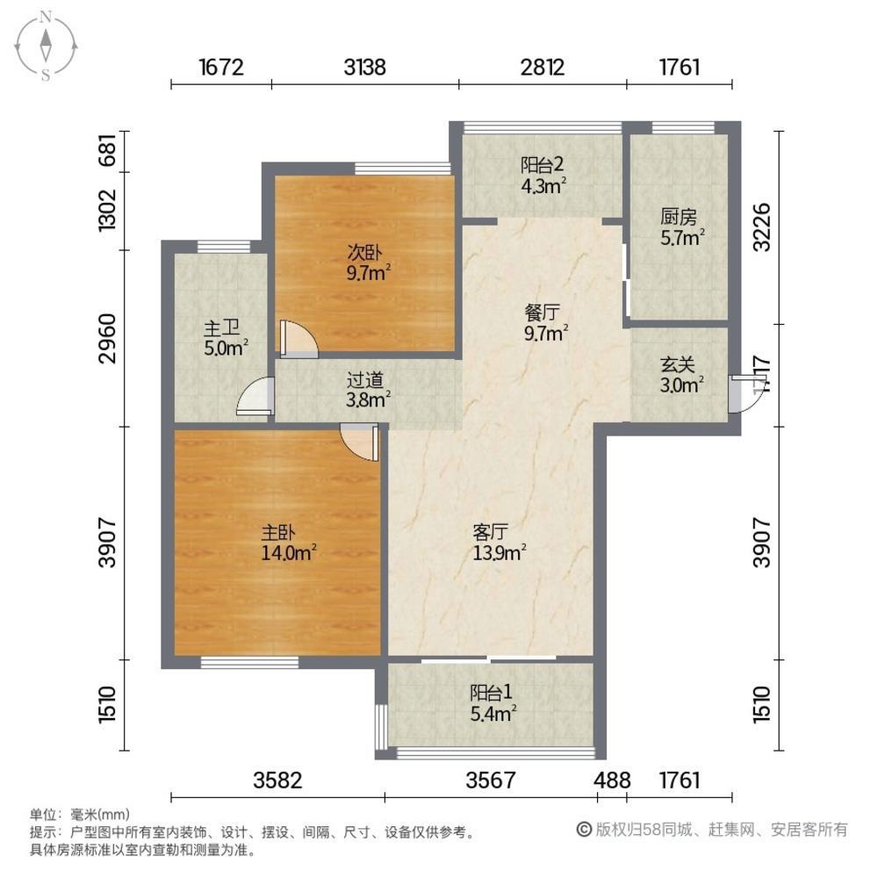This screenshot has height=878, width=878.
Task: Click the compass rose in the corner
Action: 46,46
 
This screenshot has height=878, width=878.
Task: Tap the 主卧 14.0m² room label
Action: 289,543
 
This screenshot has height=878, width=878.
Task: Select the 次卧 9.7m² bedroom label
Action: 368,263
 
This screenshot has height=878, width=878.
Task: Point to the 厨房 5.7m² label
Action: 681,227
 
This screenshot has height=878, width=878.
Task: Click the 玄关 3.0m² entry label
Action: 681,375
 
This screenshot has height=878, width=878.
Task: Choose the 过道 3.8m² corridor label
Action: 367,390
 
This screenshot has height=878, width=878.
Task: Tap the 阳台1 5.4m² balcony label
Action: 493,702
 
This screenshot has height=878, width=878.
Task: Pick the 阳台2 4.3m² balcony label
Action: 543,176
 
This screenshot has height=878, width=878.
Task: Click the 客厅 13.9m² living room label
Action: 499,542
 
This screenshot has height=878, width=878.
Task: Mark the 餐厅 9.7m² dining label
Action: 545,322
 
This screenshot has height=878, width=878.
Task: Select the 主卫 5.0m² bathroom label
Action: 225,338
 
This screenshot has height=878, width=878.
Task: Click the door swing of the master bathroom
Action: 255,396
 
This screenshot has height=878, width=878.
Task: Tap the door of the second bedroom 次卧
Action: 299,339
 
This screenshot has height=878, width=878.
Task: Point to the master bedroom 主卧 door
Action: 360,443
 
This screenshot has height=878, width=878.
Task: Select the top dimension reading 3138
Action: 365,68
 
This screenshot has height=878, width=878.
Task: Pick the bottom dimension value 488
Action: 613,780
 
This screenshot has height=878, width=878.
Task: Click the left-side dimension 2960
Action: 107,339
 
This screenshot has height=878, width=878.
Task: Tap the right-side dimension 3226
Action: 762,227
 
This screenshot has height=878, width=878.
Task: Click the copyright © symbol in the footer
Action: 584,830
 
